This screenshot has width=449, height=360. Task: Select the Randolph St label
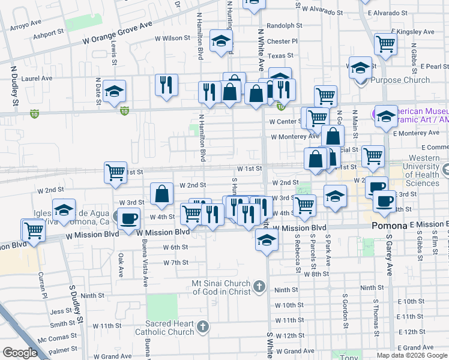284,26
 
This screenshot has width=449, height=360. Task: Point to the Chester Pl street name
282,41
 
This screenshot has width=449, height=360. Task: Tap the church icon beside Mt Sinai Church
259,286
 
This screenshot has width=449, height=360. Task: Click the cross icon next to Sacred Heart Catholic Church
203,326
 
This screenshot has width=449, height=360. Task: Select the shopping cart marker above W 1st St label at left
115,172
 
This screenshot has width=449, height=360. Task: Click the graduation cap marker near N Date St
114,92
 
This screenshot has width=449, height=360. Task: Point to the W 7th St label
176,262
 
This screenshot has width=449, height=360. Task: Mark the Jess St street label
61,311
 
